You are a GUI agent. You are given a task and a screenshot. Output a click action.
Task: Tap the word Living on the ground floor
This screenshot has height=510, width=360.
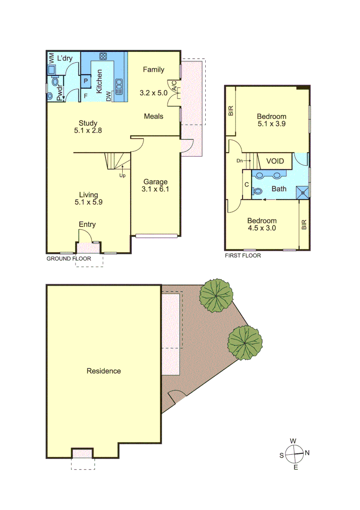click(x=88, y=195)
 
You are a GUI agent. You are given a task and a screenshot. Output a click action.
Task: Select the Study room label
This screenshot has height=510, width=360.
click(x=88, y=123)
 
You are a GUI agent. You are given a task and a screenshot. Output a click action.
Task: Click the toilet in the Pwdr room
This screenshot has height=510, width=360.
click(x=50, y=95)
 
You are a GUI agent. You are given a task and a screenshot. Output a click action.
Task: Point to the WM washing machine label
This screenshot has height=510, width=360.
click(x=51, y=59)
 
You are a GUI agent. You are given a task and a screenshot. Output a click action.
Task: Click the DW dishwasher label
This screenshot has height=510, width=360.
click(x=109, y=96)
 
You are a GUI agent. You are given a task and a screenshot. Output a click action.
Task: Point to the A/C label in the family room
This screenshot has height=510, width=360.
click(x=174, y=86)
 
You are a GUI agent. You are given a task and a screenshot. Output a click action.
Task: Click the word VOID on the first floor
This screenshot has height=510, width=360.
click(x=275, y=161)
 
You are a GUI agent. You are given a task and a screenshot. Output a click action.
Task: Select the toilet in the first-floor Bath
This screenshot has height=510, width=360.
click(x=258, y=191)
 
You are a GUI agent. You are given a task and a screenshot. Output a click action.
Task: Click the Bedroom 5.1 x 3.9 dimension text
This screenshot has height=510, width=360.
click(x=271, y=124)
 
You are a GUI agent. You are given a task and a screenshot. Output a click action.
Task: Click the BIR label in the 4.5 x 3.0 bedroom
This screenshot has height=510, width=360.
click(x=304, y=224)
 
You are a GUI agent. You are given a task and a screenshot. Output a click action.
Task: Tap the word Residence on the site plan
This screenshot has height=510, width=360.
click(x=103, y=371)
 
